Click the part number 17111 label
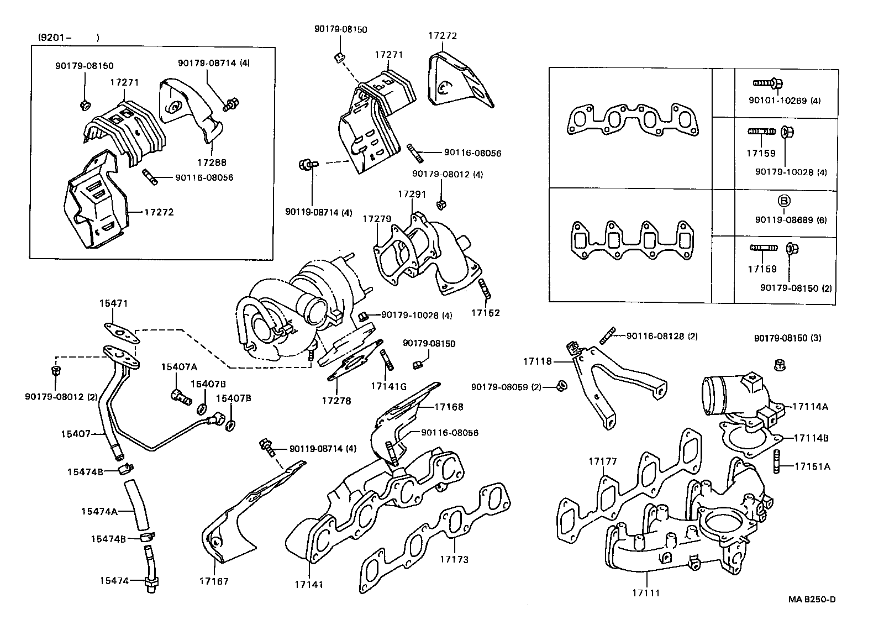pos(646,593)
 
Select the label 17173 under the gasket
pos(454,559)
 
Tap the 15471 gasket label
pos(113,303)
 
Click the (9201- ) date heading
pos(69,38)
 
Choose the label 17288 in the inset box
pos(212,162)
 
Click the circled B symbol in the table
pos(784,201)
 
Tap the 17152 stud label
pos(485,313)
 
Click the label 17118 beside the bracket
pos(537,361)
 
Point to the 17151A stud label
pos(812,466)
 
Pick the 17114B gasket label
pos(811,438)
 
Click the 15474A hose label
pos(99,511)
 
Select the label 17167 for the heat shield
pos(214,581)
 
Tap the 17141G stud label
pos(388,386)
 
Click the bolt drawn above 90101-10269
pos(767,83)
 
